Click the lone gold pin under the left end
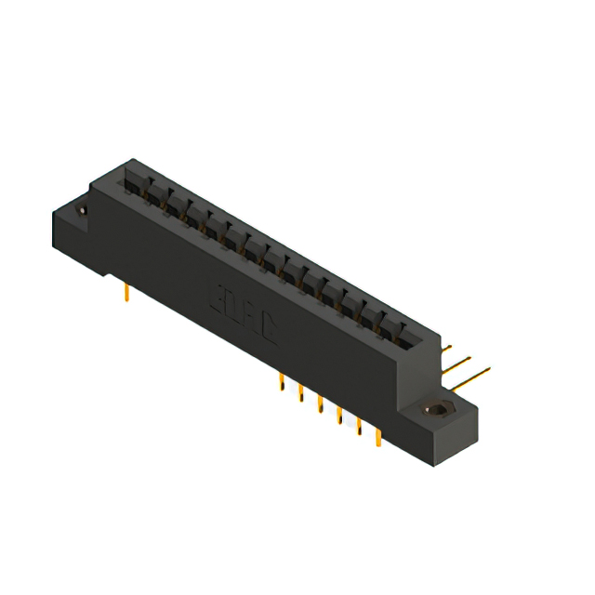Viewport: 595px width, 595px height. [126, 293]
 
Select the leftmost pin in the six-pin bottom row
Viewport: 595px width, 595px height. [281, 382]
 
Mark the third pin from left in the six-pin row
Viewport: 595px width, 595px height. [320, 403]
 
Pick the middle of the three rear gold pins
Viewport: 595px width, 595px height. [461, 363]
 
